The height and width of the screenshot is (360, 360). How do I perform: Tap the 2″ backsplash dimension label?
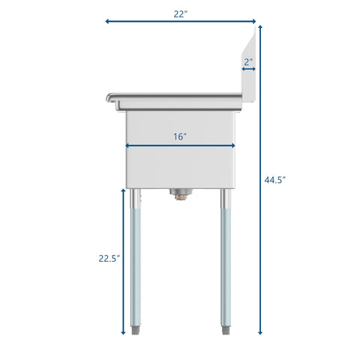pos(248,61)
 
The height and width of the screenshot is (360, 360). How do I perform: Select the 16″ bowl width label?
pos(180,136)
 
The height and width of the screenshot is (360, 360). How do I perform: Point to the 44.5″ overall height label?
pos(275,180)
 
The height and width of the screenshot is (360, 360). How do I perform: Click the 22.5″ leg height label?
pos(108,259)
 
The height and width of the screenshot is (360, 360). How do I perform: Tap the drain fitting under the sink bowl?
pos(180,196)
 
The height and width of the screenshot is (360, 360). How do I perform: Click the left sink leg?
pos(135,262)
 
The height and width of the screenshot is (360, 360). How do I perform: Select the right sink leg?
pos(225,262)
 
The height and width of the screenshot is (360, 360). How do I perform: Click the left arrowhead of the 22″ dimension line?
pos(106,21)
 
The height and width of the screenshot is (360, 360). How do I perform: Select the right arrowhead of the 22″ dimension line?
pos(255,21)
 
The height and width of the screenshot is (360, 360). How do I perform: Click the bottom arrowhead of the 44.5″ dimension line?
pos(260,332)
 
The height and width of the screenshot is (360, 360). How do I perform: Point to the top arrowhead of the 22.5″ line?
pos(124,190)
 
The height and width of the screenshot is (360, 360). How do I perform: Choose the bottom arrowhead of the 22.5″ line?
pos(124,332)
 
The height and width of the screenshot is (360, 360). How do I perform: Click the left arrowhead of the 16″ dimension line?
pos(127,145)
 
